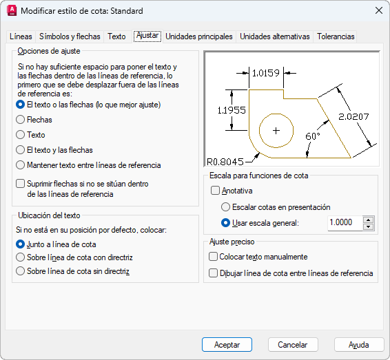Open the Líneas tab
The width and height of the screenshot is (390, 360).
(x=21, y=36)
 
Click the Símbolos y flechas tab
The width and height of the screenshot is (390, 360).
(x=70, y=36)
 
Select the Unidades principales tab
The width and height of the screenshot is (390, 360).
(x=199, y=36)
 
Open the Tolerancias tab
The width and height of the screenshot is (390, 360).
(x=336, y=36)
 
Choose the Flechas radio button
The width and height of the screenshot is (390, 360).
(x=20, y=120)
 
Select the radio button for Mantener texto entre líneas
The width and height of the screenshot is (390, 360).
(x=20, y=165)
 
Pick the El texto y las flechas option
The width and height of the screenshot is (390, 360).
(x=20, y=150)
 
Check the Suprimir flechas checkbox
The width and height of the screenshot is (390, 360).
(x=20, y=184)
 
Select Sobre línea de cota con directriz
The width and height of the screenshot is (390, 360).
(x=20, y=257)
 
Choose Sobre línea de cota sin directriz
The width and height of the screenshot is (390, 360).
(x=20, y=271)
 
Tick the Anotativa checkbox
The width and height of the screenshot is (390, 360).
(x=215, y=191)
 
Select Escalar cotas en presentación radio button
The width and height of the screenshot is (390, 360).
(x=225, y=207)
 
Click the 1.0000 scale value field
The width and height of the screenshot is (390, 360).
(x=345, y=222)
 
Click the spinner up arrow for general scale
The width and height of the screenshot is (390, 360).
(x=369, y=220)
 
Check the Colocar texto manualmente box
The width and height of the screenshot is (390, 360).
(x=213, y=256)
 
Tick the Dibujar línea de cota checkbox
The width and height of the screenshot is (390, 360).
(x=213, y=273)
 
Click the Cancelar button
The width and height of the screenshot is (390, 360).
(x=293, y=345)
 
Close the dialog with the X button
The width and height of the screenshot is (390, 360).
(x=379, y=11)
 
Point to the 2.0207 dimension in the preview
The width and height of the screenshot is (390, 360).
(x=353, y=116)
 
